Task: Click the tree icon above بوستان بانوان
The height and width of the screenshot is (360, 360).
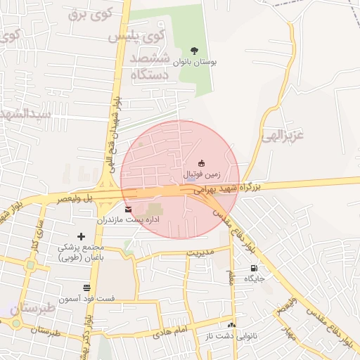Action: pyautogui.click(x=194, y=50)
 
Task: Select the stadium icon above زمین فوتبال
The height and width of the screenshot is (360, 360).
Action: pyautogui.click(x=202, y=163)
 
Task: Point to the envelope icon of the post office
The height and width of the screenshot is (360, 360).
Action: pyautogui.click(x=127, y=210)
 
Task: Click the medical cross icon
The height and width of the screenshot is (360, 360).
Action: pyautogui.click(x=81, y=236)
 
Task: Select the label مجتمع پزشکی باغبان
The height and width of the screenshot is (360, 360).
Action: pyautogui.click(x=80, y=252)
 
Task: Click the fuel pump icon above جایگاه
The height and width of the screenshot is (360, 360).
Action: pyautogui.click(x=254, y=268)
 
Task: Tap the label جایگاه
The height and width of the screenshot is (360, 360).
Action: pyautogui.click(x=254, y=278)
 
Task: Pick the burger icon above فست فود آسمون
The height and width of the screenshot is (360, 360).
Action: pyautogui.click(x=86, y=288)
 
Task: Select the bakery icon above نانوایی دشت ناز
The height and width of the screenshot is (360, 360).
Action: pyautogui.click(x=232, y=325)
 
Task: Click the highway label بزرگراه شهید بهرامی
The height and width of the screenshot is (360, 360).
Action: pyautogui.click(x=226, y=189)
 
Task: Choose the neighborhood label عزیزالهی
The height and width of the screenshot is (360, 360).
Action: pyautogui.click(x=283, y=134)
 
